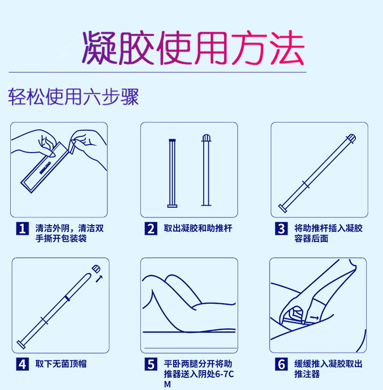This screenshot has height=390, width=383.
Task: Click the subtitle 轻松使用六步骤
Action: tap(74, 95)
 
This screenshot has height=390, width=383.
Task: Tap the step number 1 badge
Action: tap(22, 228)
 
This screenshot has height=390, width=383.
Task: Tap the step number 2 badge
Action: tap(151, 228)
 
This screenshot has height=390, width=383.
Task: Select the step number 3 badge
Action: tap(281, 228)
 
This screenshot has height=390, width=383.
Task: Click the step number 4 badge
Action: tap(22, 364)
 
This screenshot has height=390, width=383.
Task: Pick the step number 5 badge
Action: tap(151, 364)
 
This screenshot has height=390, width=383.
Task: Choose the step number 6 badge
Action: tap(281, 364)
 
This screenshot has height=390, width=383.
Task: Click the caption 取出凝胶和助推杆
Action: tap(198, 228)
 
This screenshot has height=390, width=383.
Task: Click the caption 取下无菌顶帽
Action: tap(61, 364)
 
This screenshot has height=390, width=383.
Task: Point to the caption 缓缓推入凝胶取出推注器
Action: tap(328, 369)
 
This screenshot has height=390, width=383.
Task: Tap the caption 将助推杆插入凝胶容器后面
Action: tap(328, 233)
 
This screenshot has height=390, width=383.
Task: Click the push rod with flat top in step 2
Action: tap(172, 173)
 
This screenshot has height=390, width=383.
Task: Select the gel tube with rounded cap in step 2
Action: tap(206, 170)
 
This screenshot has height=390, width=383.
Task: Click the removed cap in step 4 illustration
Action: tap(95, 269)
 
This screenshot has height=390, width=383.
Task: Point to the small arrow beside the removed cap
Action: tap(99, 278)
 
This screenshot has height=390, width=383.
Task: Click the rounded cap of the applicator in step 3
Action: tap(351, 138)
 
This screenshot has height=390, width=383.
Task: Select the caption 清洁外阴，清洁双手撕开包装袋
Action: tap(69, 233)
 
